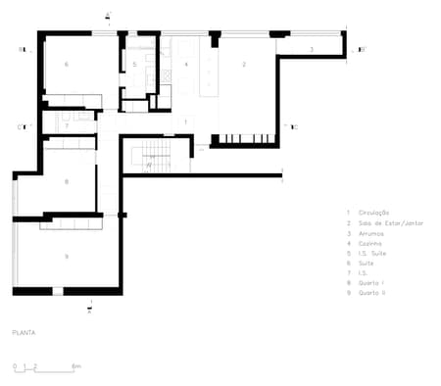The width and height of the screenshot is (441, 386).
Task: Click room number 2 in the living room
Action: coord(244,65)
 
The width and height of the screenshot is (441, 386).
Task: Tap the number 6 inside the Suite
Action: coord(66,65)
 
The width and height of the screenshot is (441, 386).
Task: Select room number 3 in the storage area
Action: coord(312,48)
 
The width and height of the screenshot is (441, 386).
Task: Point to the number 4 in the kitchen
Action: coord(186,65)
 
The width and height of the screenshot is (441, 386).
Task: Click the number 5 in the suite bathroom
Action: coord(135,65)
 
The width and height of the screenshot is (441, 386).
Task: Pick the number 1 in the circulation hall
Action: coord(186,121)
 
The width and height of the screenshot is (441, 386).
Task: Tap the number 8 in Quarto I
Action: coord(66,182)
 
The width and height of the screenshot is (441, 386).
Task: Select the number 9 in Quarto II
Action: coord(66,256)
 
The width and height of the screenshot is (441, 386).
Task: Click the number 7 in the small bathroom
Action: coord(66,125)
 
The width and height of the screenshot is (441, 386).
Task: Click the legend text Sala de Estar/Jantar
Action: coord(384,222)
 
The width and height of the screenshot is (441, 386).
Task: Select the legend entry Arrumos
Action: coord(371,233)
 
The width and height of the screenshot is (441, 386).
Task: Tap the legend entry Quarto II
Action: coord(372,293)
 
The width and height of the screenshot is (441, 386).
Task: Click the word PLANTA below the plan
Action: coord(24,333)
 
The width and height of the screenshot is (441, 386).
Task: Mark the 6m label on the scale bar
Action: coord(76,366)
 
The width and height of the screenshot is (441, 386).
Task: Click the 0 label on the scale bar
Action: coord(15,366)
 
